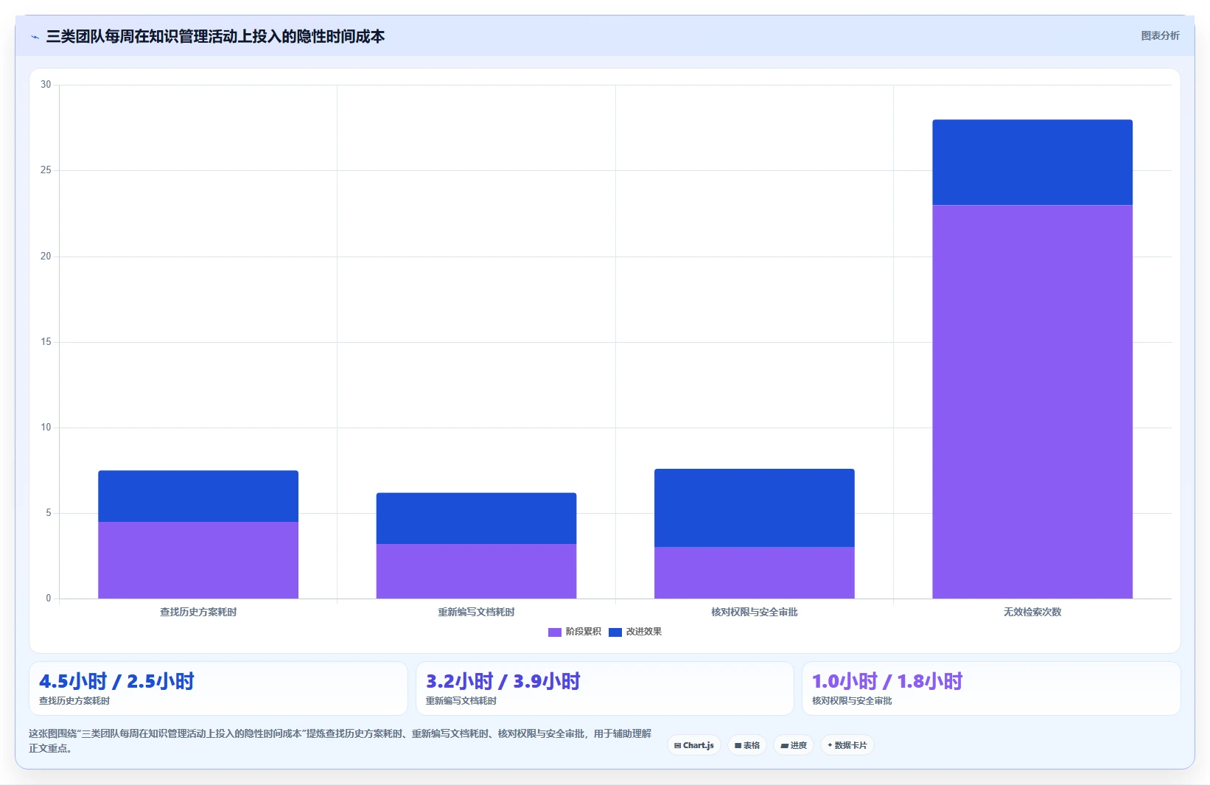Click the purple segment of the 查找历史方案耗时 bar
[x=198, y=559]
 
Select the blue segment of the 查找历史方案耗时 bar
[x=198, y=496]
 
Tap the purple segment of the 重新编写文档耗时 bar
[x=477, y=571]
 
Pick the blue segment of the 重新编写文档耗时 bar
[x=477, y=518]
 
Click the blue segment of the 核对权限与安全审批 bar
[x=755, y=508]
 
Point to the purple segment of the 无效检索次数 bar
[x=1032, y=402]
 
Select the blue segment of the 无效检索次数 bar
[x=1032, y=163]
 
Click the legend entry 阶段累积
[x=575, y=632]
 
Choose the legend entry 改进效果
[x=635, y=632]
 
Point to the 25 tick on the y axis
[x=46, y=170]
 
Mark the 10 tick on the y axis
[x=46, y=428]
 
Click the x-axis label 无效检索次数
[x=1032, y=612]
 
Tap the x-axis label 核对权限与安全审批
[x=755, y=612]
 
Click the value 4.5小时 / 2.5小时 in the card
[x=116, y=681]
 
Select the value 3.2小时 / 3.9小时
[x=503, y=681]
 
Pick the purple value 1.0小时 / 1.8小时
[x=887, y=681]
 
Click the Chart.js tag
[x=694, y=745]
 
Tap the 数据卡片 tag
[x=847, y=745]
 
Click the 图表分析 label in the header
[x=1161, y=35]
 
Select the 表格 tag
[x=747, y=745]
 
